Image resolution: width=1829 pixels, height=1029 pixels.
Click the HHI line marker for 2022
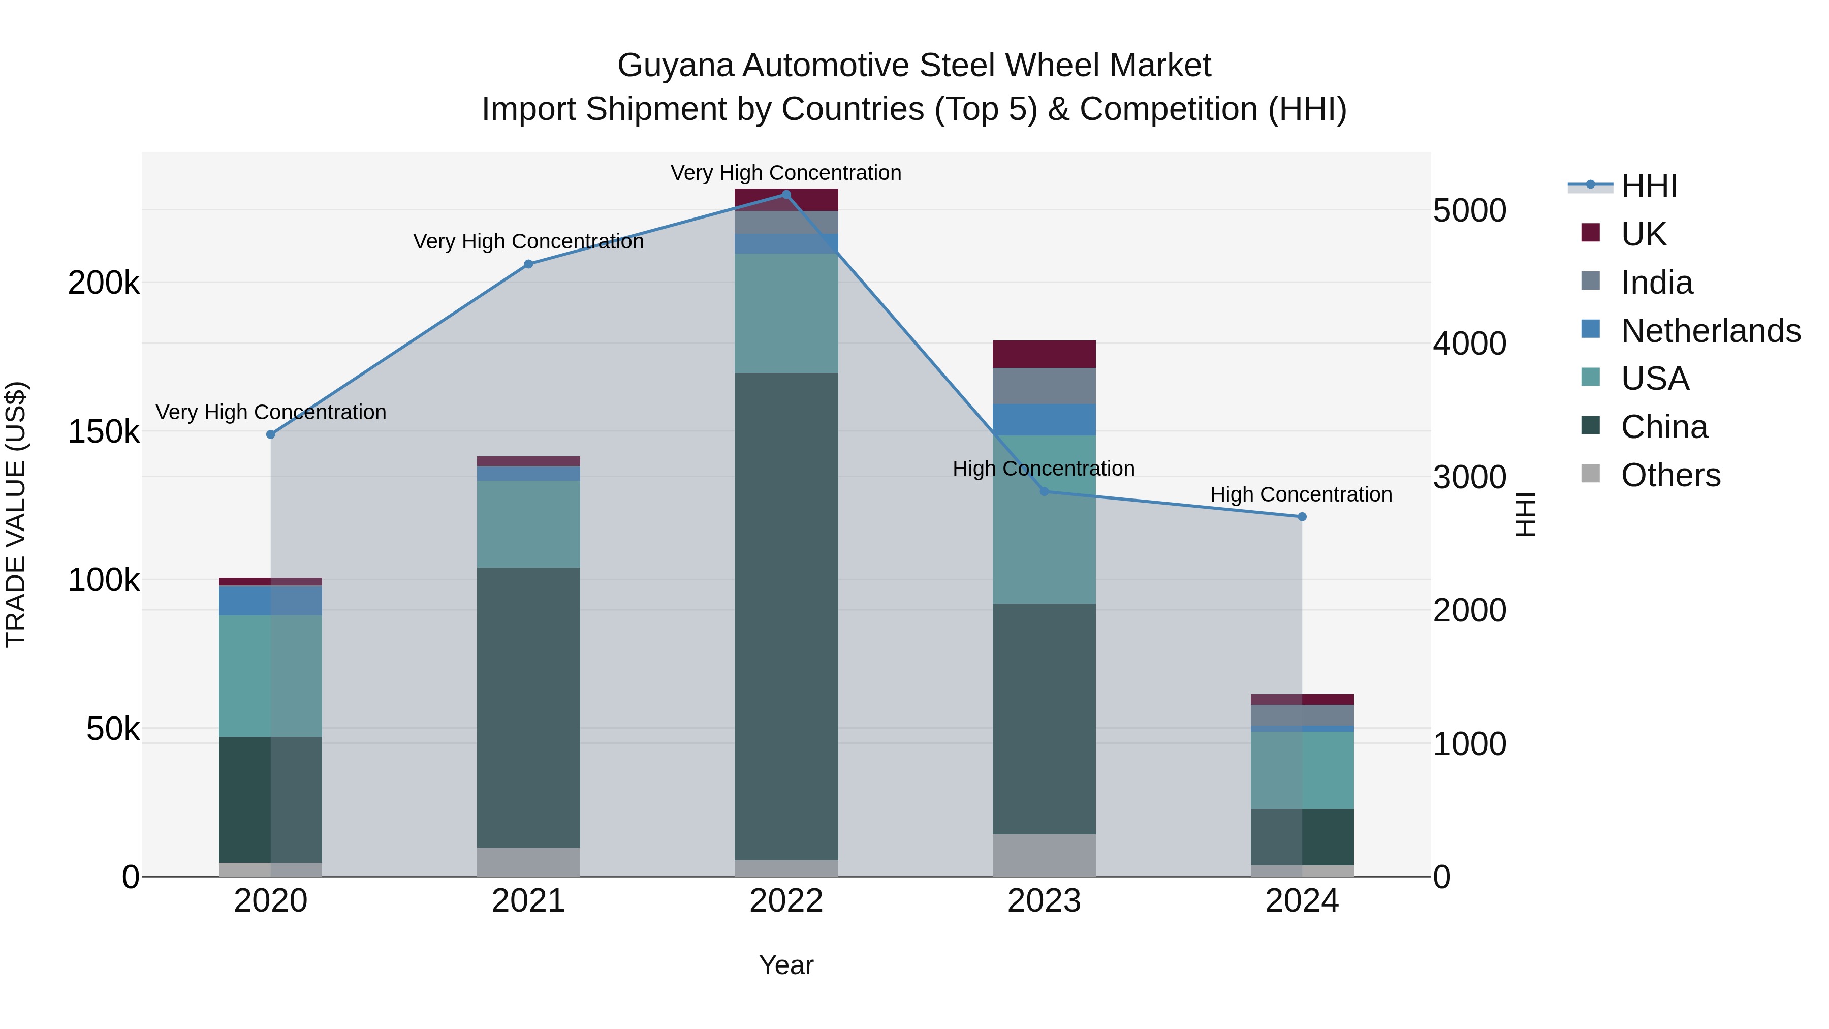click(x=786, y=195)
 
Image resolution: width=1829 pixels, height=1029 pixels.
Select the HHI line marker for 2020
click(x=270, y=434)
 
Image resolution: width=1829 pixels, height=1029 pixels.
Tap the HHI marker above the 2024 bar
click(x=1302, y=517)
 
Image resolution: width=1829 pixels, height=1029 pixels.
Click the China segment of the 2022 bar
click(x=786, y=616)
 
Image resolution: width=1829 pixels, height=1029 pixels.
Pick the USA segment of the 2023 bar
click(x=1044, y=520)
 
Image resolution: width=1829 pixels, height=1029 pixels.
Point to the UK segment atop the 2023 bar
click(x=1044, y=354)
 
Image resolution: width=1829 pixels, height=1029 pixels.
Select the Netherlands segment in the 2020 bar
click(x=270, y=601)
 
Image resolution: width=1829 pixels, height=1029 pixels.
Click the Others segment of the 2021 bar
click(x=528, y=861)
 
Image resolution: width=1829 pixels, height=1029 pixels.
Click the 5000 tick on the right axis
click(x=1469, y=211)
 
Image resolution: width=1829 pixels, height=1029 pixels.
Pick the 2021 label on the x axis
click(x=528, y=901)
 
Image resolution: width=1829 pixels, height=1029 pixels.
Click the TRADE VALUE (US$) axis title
click(x=16, y=514)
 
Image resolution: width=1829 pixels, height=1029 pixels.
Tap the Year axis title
click(x=786, y=965)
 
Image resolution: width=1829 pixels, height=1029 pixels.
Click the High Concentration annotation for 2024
click(x=1301, y=494)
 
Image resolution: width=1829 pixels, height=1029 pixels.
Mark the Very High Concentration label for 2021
click(x=528, y=241)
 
